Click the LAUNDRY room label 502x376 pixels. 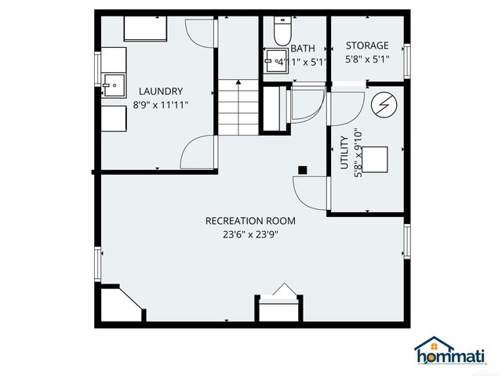[x=161, y=91]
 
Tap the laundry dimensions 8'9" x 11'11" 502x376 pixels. [x=160, y=104]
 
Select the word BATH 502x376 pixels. [x=303, y=49]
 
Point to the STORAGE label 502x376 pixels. [x=368, y=46]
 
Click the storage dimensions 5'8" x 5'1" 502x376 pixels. [x=368, y=58]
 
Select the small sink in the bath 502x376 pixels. [x=274, y=60]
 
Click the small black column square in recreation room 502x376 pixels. [x=303, y=169]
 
